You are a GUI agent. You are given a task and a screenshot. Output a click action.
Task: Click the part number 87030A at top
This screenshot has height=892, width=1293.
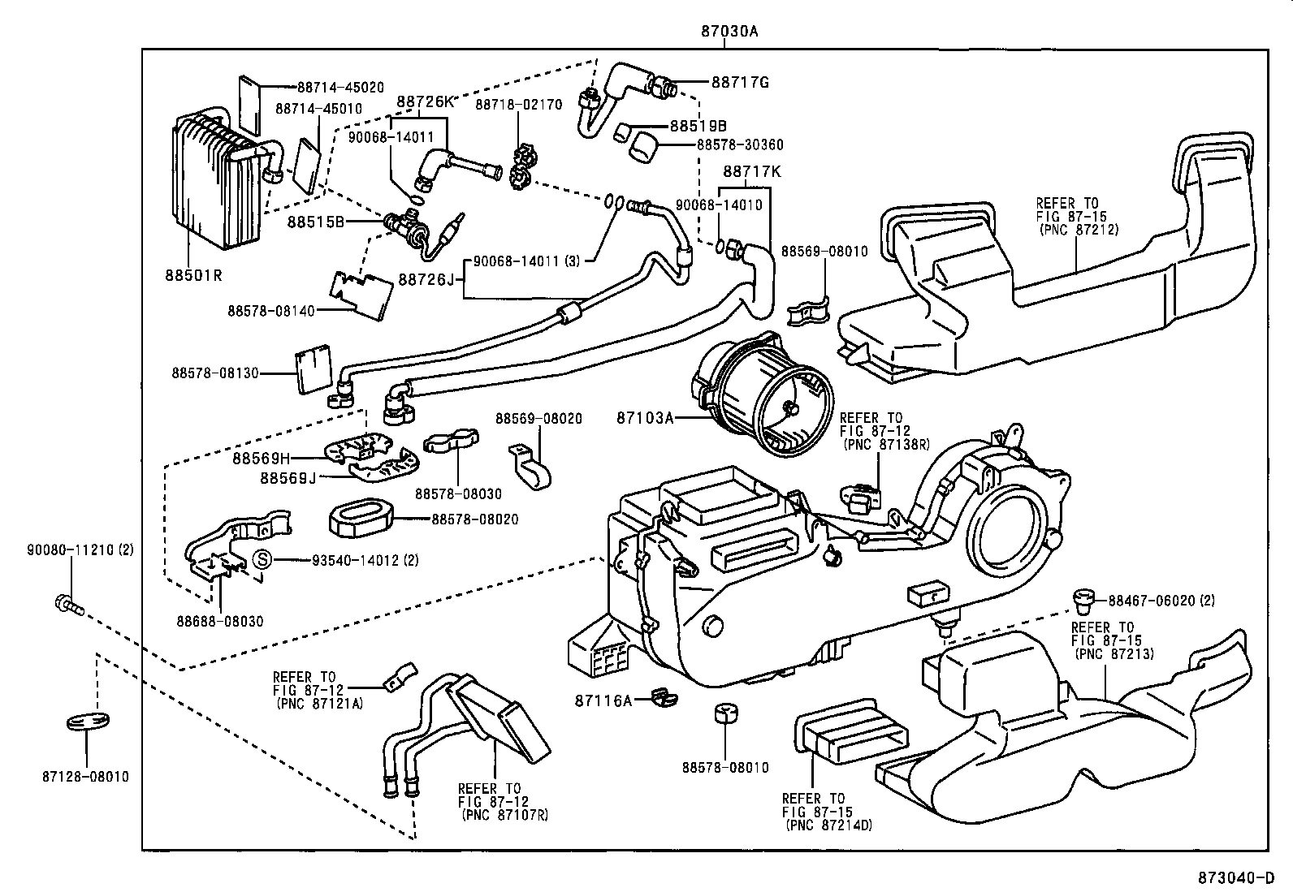730,32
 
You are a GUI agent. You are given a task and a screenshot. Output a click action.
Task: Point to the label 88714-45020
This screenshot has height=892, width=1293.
340,88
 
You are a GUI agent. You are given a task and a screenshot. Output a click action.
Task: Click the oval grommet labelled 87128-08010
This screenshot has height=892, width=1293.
87,722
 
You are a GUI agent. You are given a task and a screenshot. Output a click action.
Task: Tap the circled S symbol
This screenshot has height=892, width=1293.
262,559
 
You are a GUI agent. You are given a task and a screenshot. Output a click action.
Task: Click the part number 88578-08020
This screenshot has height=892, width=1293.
474,519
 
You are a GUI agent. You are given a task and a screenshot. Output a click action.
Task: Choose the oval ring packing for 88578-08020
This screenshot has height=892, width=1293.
361,518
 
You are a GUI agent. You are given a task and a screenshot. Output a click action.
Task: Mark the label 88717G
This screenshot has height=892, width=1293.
740,82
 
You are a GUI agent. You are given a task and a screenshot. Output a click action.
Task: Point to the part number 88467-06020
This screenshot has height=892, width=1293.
1152,601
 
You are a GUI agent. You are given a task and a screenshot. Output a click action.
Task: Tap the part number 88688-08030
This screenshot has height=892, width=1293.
220,621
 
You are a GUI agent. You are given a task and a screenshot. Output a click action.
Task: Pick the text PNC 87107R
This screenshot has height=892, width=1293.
504,814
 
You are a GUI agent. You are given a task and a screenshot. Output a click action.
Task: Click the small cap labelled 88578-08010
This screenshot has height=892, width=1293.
724,714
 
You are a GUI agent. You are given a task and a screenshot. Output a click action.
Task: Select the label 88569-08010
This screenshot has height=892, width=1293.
824,252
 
